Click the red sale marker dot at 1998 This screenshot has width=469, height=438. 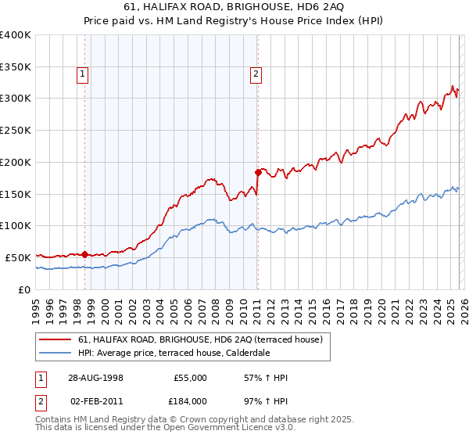84,254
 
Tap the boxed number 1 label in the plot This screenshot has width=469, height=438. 82,75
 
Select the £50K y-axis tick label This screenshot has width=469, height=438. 18,257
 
